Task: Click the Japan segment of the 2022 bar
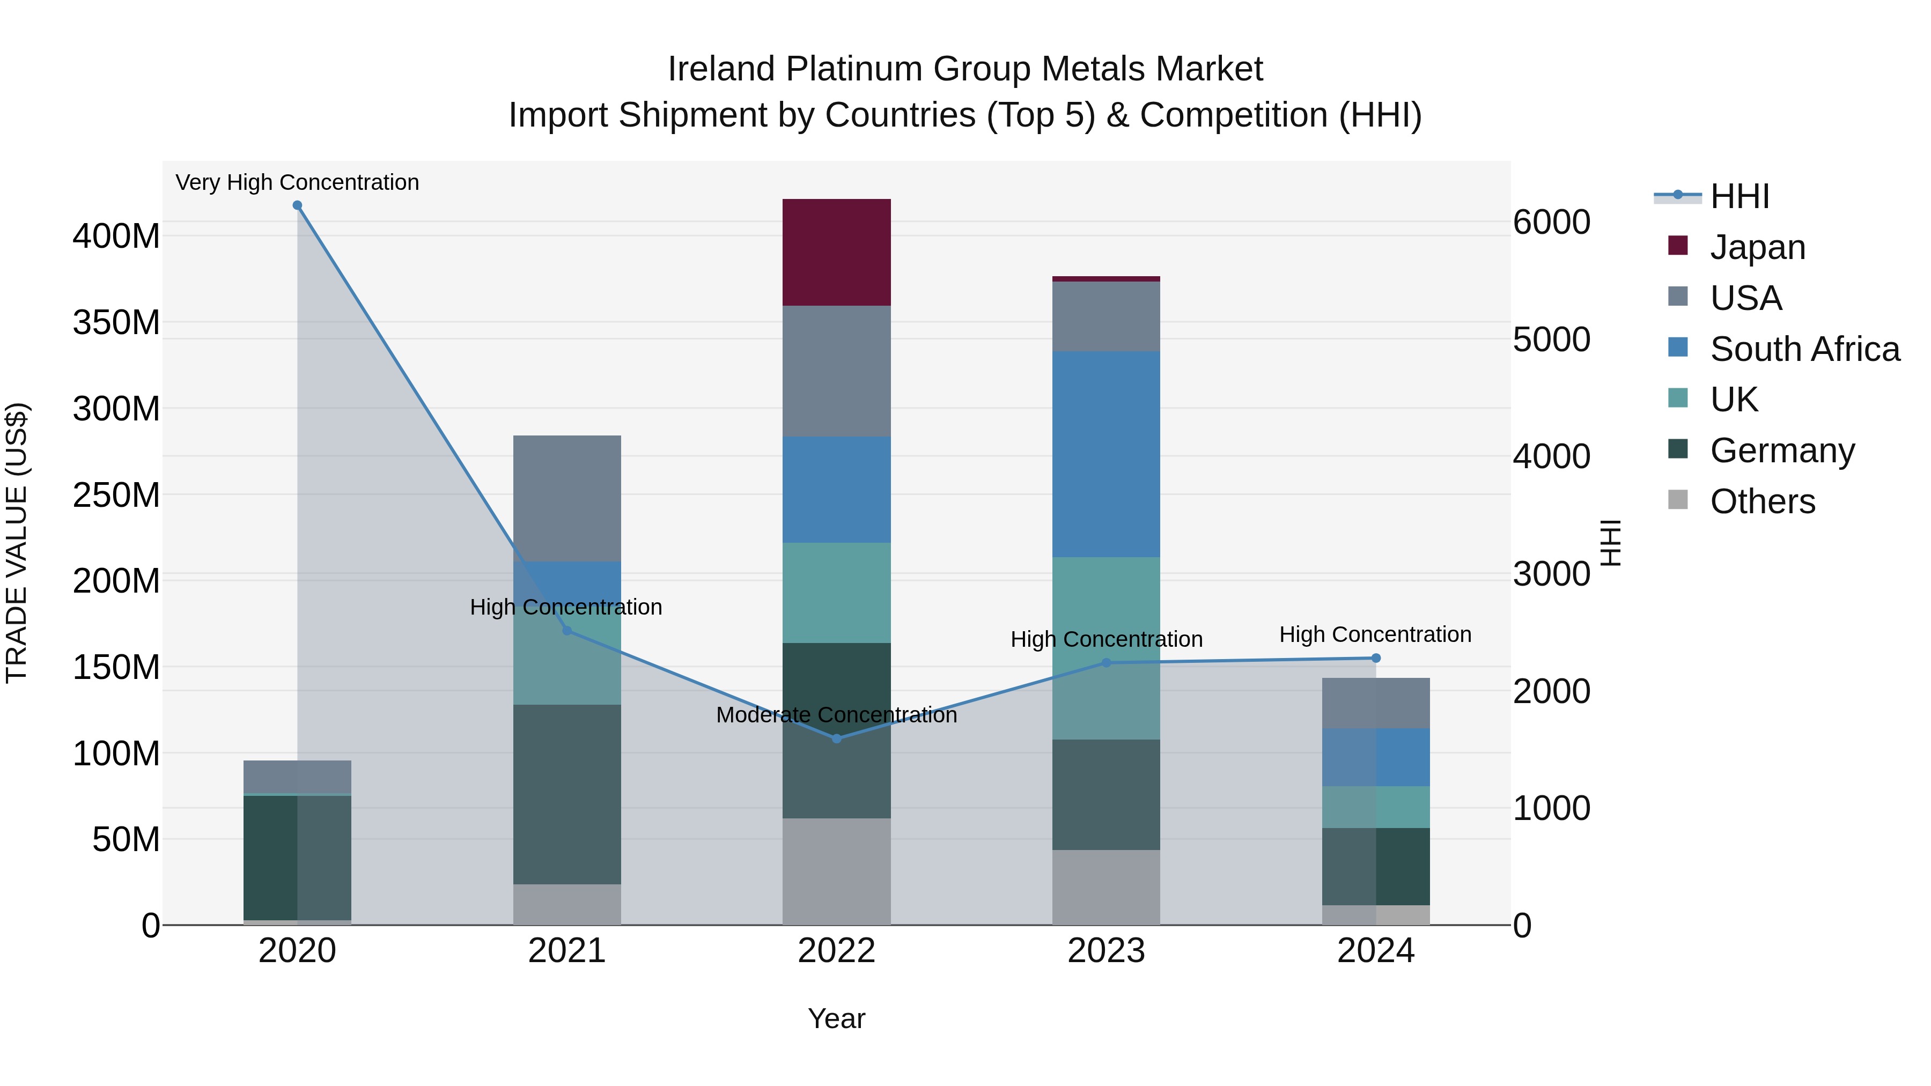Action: point(837,252)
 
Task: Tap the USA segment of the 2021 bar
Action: point(567,498)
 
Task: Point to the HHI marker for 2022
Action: point(837,738)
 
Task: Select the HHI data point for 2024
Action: point(1375,658)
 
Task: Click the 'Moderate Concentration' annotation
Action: point(837,715)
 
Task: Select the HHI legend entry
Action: point(1739,196)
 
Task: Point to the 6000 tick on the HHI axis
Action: point(1551,222)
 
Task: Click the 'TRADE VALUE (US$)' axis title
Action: point(17,543)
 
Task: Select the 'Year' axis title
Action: point(837,1018)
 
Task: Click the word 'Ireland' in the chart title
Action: point(720,69)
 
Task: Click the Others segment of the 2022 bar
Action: point(837,871)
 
